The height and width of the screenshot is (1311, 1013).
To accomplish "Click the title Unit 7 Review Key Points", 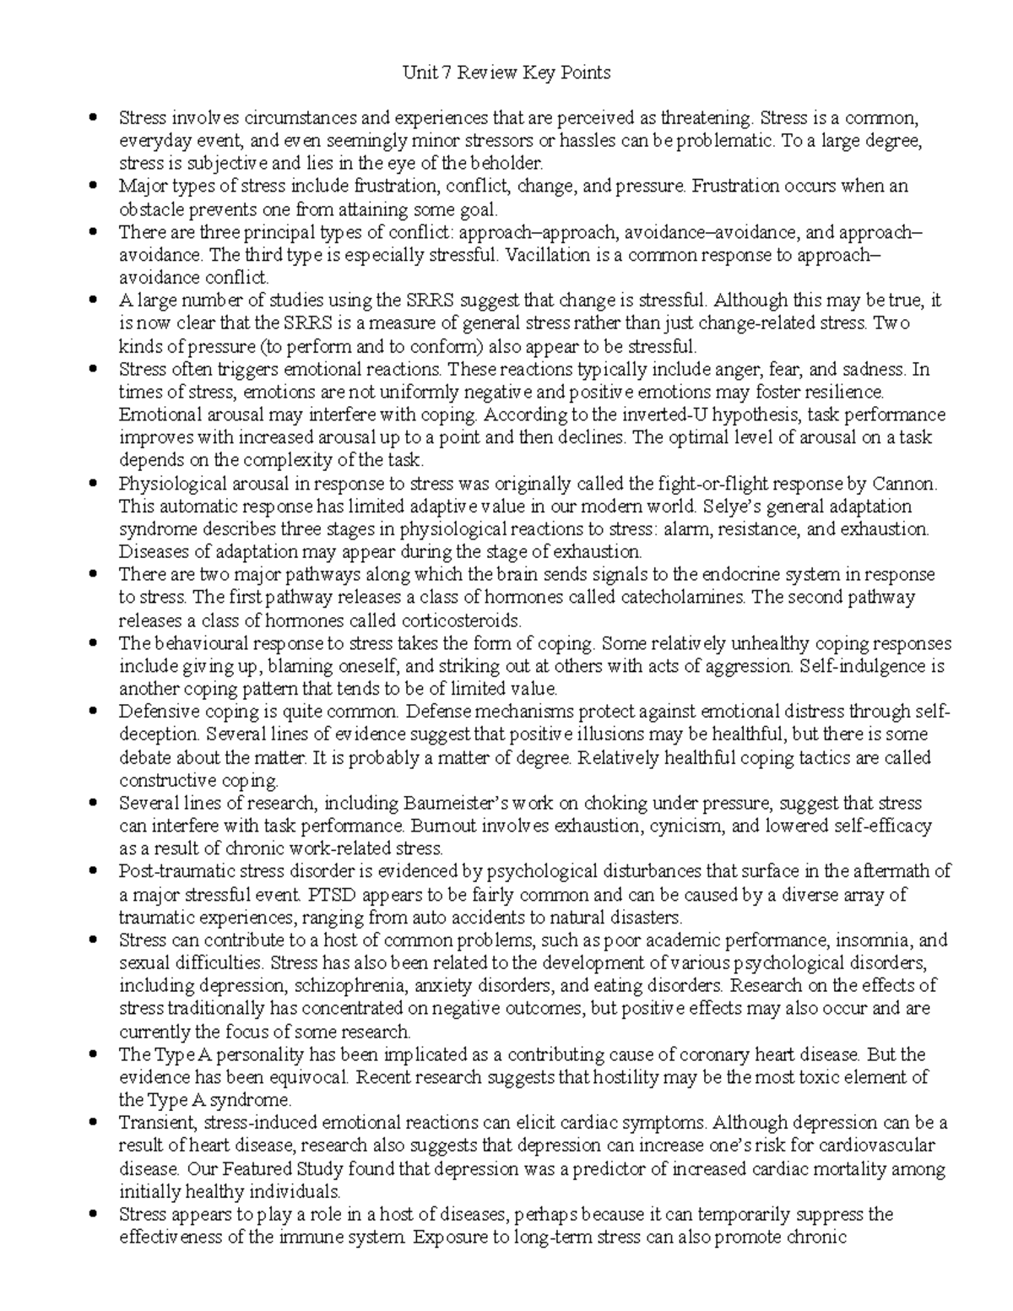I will coord(506,73).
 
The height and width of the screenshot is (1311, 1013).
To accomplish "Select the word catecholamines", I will coord(682,598).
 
